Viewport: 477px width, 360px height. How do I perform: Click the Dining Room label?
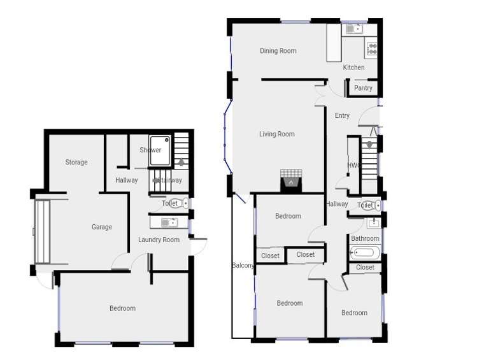click(x=278, y=51)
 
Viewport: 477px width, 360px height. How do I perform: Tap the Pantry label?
click(x=363, y=88)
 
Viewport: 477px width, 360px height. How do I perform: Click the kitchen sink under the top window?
click(x=353, y=29)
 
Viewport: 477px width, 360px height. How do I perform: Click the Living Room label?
click(x=276, y=134)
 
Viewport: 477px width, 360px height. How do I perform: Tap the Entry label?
click(x=342, y=115)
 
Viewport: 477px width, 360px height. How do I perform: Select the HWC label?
click(x=353, y=165)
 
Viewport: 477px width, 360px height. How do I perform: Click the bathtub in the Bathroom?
click(x=364, y=254)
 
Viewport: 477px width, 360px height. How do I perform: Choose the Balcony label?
click(x=243, y=266)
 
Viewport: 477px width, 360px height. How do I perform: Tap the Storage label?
click(x=76, y=162)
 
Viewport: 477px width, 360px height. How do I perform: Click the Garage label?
click(x=101, y=227)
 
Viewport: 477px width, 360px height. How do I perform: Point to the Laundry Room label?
click(x=159, y=240)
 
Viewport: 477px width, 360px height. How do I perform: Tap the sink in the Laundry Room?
click(x=168, y=222)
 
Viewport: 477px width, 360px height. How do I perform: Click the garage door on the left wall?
click(x=42, y=231)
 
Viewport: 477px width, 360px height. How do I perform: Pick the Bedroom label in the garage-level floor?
click(x=122, y=308)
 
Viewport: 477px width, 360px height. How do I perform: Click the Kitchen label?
click(x=354, y=67)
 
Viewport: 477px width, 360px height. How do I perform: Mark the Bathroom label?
click(x=365, y=239)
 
